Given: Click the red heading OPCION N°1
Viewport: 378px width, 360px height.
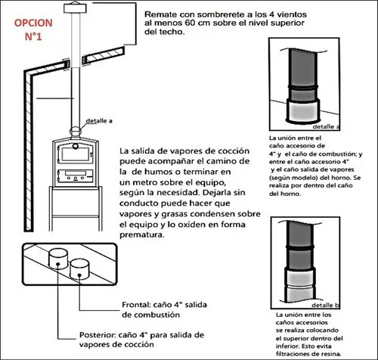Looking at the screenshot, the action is pyautogui.click(x=33, y=29).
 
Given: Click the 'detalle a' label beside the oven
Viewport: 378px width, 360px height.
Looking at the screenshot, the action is pyautogui.click(x=99, y=121).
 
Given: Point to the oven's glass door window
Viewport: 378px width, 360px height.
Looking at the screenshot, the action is pyautogui.click(x=76, y=154).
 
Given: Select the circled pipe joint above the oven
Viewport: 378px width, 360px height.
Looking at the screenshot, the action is pyautogui.click(x=76, y=132).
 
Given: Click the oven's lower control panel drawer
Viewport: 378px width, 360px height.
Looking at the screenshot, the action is pyautogui.click(x=76, y=175).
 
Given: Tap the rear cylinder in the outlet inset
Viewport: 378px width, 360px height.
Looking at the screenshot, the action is pyautogui.click(x=58, y=259).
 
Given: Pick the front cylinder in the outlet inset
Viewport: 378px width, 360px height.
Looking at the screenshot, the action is pyautogui.click(x=79, y=269).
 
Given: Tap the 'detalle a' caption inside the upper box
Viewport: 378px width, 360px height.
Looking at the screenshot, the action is pyautogui.click(x=326, y=126).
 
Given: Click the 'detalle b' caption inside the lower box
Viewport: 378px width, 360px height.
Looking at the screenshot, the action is pyautogui.click(x=326, y=305).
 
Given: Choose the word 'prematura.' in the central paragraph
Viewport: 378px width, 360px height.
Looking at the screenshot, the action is pyautogui.click(x=141, y=235).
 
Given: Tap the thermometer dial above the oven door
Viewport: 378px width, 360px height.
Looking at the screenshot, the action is pyautogui.click(x=76, y=146).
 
